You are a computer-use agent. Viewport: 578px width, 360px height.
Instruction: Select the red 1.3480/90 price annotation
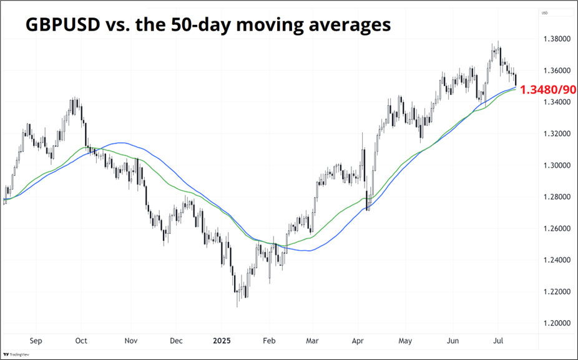click(x=547, y=90)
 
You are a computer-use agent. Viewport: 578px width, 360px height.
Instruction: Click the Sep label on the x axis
click(x=36, y=341)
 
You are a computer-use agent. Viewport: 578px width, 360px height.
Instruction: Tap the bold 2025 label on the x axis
click(x=222, y=341)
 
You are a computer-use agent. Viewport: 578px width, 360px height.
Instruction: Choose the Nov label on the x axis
click(x=130, y=341)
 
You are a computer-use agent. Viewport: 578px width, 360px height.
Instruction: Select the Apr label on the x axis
click(x=358, y=341)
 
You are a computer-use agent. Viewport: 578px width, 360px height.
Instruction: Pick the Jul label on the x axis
click(x=499, y=341)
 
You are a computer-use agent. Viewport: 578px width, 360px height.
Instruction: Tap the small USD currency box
click(x=545, y=13)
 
